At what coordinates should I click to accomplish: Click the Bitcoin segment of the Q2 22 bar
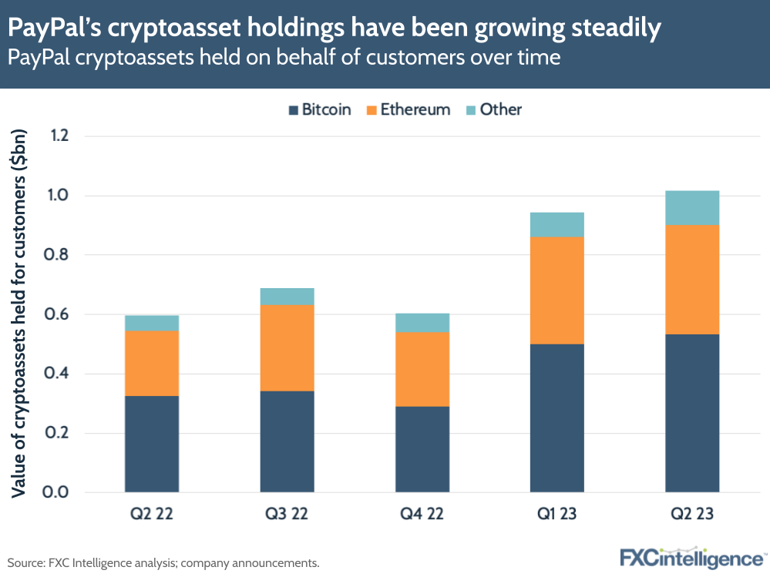click(152, 444)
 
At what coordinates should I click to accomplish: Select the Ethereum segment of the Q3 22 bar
click(287, 347)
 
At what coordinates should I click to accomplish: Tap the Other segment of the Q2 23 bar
click(692, 207)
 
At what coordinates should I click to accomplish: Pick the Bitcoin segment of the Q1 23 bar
click(556, 418)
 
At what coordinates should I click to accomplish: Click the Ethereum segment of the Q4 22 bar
click(422, 369)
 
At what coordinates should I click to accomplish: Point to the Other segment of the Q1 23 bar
click(556, 224)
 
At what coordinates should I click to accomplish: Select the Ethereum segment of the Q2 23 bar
click(692, 279)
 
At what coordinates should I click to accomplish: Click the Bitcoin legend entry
click(319, 109)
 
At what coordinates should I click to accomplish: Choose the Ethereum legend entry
click(409, 109)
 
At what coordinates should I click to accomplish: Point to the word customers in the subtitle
click(397, 57)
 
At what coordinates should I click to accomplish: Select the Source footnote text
click(163, 563)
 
